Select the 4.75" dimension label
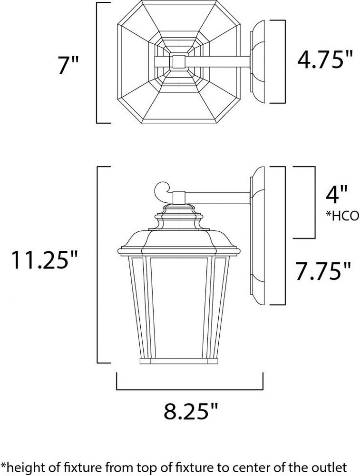tap(325, 59)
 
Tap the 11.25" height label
tap(44, 260)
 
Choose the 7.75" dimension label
tap(323, 271)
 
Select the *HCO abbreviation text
tap(342, 216)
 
